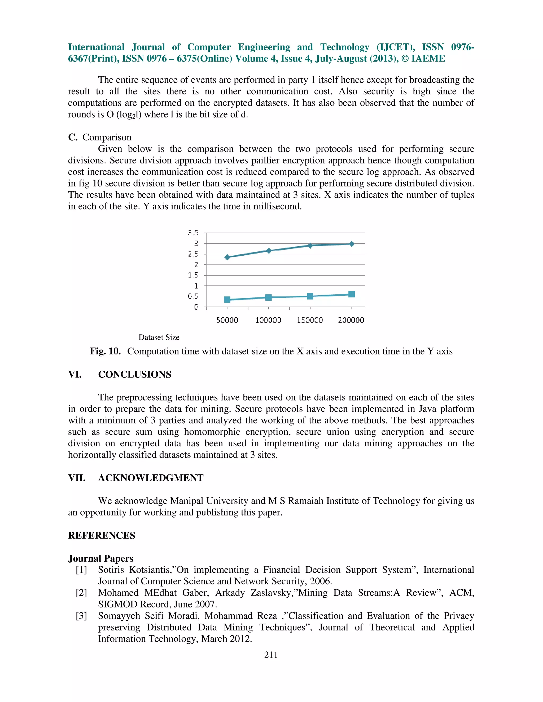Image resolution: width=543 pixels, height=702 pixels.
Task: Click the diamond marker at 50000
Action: pos(227,257)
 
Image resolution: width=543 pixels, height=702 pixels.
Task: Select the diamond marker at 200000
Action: pos(352,244)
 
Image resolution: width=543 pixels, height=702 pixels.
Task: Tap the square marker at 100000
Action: pos(269,297)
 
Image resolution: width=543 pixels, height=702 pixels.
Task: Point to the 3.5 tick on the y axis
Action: pos(193,233)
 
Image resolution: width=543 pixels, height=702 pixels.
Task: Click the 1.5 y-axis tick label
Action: pos(193,275)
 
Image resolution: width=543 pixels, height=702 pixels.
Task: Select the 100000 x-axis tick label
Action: pos(268,320)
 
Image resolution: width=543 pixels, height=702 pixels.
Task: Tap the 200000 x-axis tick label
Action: pos(351,320)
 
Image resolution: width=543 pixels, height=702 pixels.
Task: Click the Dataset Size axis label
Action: pos(159,337)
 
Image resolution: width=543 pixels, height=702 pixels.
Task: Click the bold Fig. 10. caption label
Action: pos(105,351)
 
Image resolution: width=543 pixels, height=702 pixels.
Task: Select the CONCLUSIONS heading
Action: pos(134,375)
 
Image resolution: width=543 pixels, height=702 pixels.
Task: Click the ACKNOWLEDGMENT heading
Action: pos(151,478)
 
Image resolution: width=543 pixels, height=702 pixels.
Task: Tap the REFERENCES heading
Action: pos(102,535)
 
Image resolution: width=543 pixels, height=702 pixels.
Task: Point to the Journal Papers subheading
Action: pos(101,558)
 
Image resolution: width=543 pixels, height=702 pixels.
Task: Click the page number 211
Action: pos(271,655)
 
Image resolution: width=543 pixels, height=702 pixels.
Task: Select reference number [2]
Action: pos(81,593)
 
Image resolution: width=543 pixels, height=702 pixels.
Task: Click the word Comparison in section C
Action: pos(107,137)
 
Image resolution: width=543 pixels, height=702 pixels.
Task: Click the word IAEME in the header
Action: pos(428,59)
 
